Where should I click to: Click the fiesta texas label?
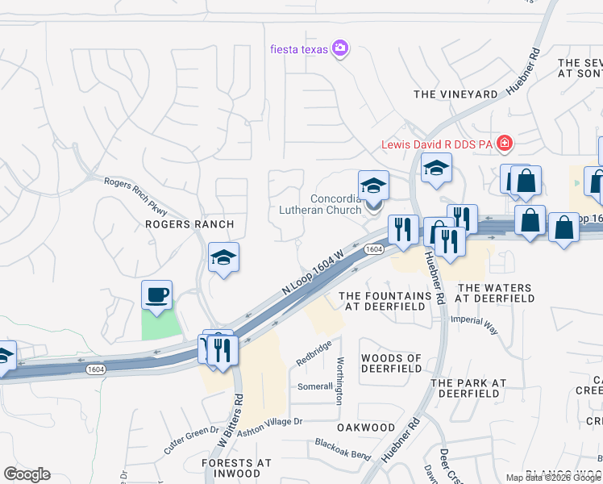tap(299, 49)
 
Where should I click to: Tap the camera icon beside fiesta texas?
tap(340, 49)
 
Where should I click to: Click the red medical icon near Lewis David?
tap(505, 144)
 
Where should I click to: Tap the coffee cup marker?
tap(156, 294)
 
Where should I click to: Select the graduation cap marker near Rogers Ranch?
tap(223, 257)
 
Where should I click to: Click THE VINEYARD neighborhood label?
tap(455, 94)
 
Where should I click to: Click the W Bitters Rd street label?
tap(231, 420)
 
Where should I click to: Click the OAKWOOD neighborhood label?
tap(366, 428)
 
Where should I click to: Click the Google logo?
tap(27, 474)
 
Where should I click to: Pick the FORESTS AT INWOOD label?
tap(237, 468)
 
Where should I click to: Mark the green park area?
tap(162, 324)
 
